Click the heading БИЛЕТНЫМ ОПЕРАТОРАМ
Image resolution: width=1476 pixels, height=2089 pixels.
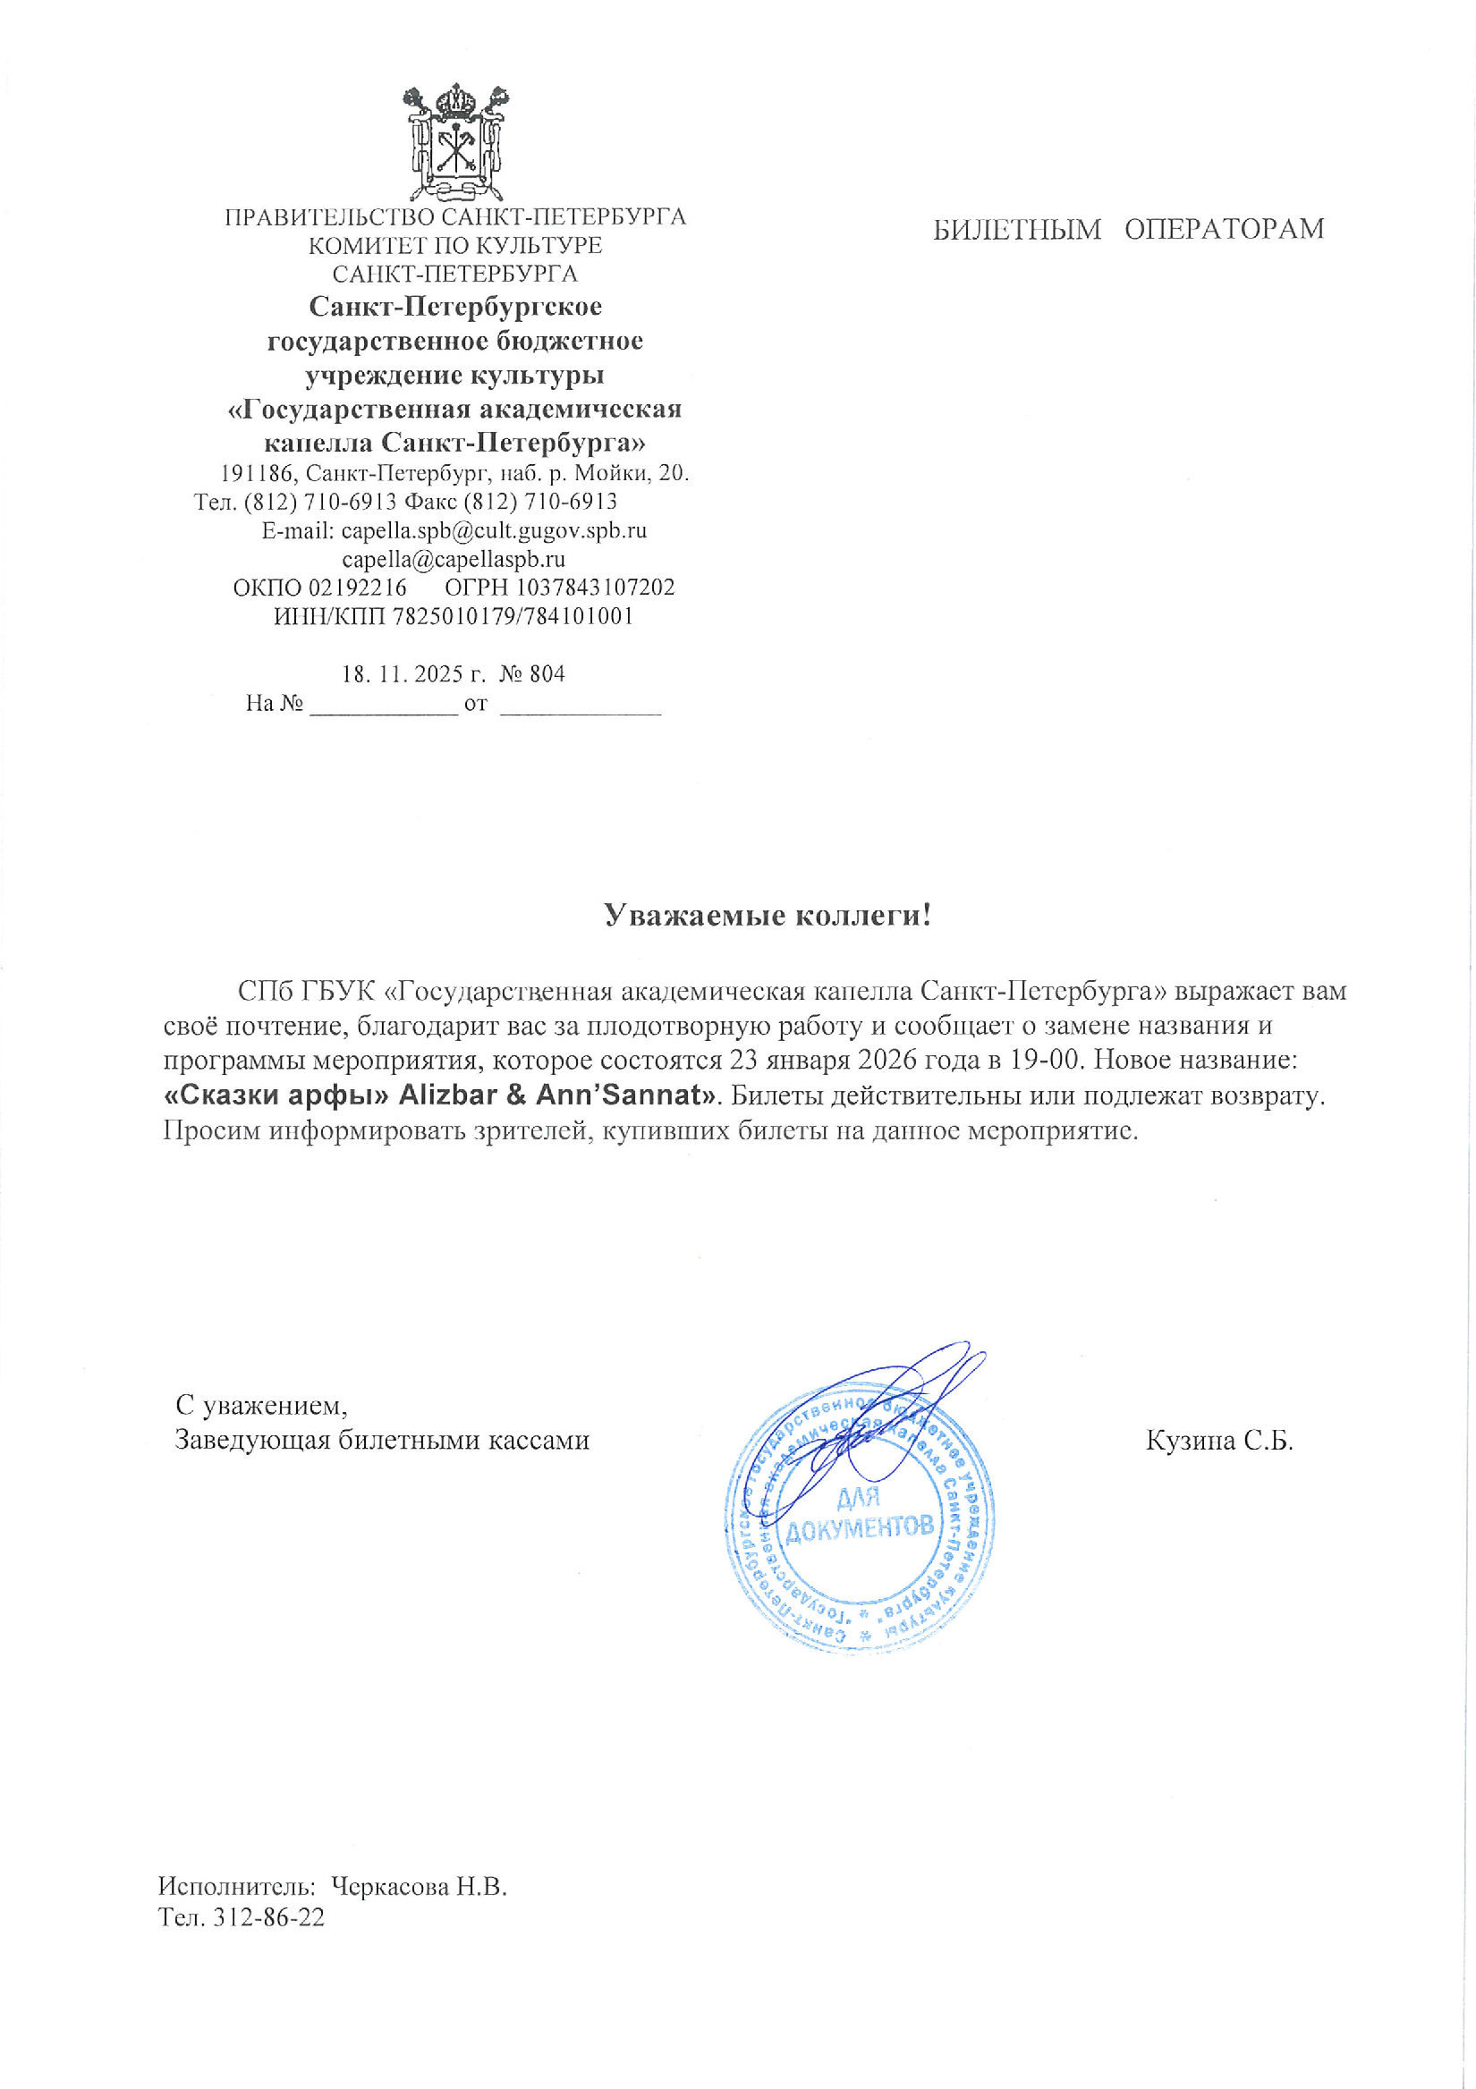(1127, 229)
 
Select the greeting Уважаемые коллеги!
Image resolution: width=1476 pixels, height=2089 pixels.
(768, 916)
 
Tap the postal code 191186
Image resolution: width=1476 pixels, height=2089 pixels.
(257, 473)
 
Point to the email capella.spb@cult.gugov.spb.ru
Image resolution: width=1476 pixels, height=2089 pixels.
(493, 530)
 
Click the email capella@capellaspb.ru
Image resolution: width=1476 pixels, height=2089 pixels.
(454, 559)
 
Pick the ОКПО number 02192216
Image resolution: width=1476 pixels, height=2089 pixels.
(357, 587)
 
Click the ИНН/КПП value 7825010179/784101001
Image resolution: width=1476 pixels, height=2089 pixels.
(513, 616)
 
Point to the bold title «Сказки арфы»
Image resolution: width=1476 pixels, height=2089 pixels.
(276, 1095)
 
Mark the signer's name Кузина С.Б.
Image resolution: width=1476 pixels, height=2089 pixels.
(1218, 1441)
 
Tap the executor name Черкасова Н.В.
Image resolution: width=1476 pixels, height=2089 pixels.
(419, 1887)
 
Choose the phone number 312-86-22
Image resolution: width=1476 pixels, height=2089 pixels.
(267, 1917)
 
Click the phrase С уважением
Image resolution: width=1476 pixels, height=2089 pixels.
(261, 1406)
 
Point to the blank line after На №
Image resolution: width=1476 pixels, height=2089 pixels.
(383, 706)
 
